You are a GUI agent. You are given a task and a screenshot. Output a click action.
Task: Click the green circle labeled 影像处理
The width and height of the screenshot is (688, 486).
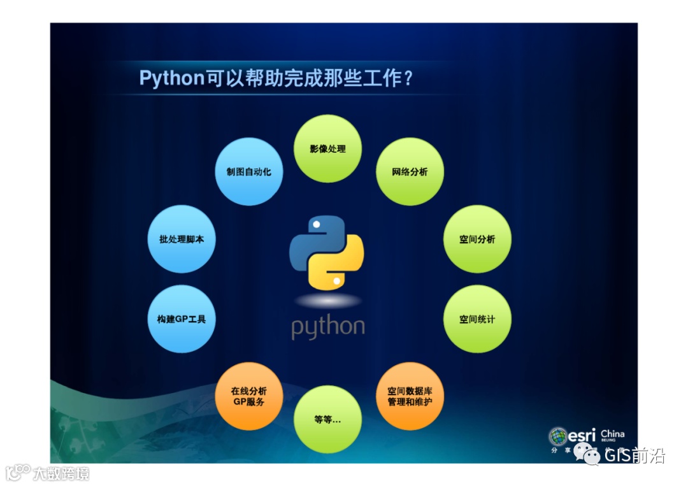[x=327, y=149]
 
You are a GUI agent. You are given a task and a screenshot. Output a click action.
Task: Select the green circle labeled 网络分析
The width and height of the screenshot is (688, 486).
[x=410, y=172]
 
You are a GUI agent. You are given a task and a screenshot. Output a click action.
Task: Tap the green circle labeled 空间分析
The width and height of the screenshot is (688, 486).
[x=477, y=239]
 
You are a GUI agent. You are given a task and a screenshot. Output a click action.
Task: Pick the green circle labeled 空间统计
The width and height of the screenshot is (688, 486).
[x=477, y=319]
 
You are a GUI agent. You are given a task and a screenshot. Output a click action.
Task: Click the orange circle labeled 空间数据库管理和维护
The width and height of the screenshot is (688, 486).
[x=410, y=396]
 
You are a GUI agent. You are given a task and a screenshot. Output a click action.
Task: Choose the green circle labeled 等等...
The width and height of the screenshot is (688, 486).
[x=327, y=420]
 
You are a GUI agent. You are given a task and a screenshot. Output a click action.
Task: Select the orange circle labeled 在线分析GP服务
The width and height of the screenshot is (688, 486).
[x=249, y=396]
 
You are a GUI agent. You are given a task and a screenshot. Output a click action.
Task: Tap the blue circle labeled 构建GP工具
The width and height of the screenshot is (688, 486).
[x=182, y=319]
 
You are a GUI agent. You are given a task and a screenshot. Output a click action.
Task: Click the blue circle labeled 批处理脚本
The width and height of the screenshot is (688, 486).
[x=182, y=239]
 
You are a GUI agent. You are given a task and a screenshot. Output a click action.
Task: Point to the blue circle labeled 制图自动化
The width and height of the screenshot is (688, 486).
[x=249, y=172]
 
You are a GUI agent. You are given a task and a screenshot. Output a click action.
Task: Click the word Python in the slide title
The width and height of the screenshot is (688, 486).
[x=171, y=78]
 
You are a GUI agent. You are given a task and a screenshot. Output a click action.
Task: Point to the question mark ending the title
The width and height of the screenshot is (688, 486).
[x=409, y=78]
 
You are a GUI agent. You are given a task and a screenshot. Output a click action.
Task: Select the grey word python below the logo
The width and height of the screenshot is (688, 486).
[x=328, y=327]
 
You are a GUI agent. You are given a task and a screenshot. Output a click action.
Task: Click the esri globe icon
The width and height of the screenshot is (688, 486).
[x=558, y=436]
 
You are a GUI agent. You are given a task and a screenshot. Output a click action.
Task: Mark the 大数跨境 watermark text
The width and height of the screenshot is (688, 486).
[x=61, y=473]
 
